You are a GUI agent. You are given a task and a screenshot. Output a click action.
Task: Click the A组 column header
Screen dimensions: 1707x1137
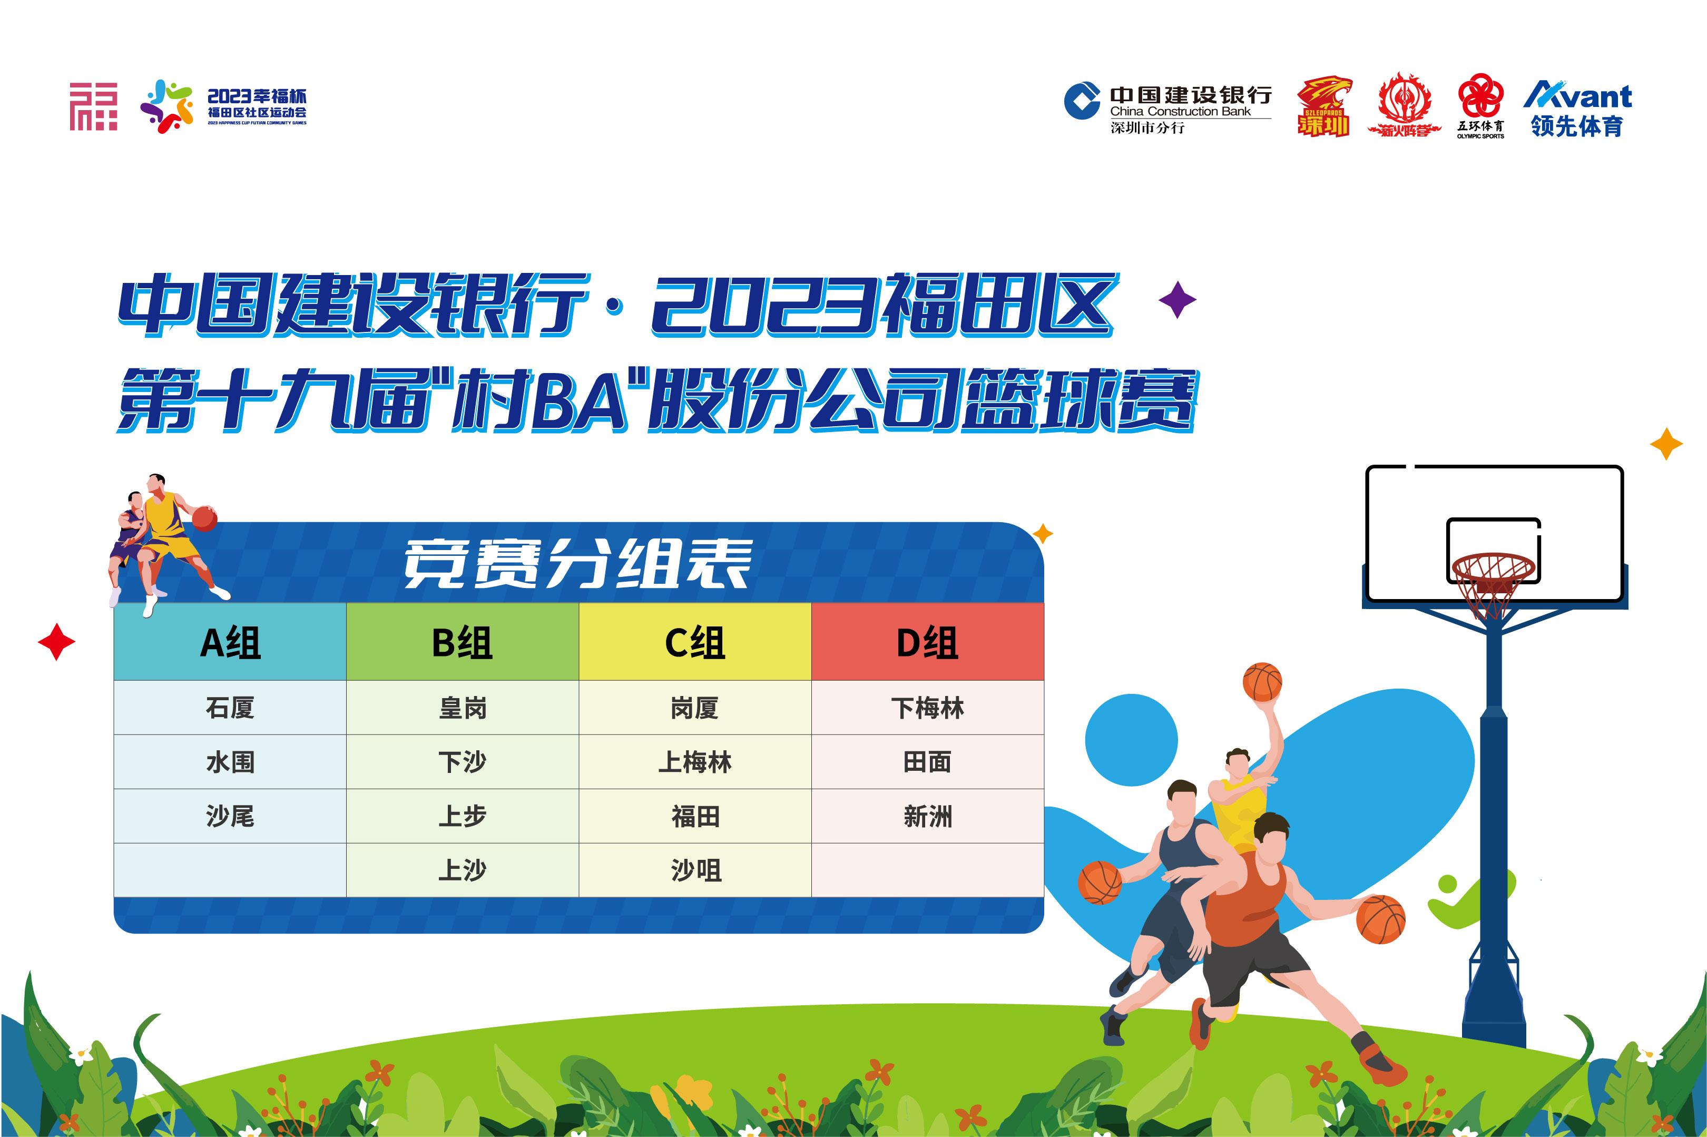[x=230, y=642]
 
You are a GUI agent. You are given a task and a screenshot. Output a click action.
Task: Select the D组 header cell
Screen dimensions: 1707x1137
[x=927, y=642]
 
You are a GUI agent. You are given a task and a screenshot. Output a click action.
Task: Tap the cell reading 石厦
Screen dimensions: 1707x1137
[x=230, y=708]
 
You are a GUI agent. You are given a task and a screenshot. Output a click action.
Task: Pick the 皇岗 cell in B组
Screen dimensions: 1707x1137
[x=463, y=708]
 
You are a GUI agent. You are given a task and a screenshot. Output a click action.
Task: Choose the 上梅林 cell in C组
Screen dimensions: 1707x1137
[x=695, y=762]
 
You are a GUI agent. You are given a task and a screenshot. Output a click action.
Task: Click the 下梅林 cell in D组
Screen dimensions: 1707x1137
[x=927, y=708]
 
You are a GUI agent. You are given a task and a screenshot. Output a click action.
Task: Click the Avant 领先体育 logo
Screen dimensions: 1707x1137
[x=1577, y=109]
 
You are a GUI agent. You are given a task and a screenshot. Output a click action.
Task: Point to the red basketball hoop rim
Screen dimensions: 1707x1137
[x=1494, y=567]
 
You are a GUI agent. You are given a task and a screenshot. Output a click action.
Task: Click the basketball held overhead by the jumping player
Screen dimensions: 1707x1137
[x=1262, y=682]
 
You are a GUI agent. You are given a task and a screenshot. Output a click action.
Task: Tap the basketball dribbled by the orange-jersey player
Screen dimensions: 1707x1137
[x=1381, y=919]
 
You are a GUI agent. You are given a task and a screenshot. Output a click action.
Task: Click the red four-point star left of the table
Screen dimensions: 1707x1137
[x=56, y=642]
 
